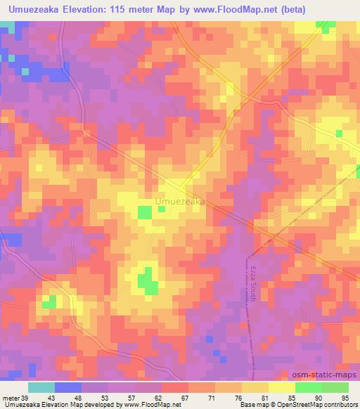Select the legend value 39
pos(20,398)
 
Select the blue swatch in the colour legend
pos(68,387)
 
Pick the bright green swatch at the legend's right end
pos(335,387)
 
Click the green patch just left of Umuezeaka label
pos(145,212)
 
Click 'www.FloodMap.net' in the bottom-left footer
pos(149,405)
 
